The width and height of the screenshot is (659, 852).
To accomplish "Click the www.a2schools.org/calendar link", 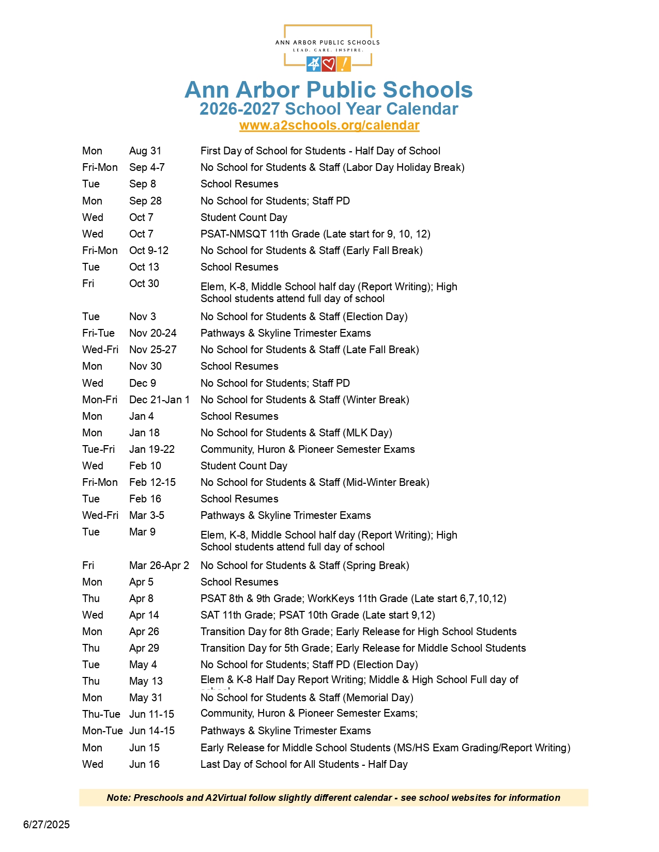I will coord(329,125).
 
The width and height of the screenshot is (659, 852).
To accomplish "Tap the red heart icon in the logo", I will coord(329,64).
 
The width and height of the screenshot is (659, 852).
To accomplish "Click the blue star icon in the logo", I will coord(314,64).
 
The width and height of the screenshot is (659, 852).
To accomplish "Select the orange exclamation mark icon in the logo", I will coord(344,64).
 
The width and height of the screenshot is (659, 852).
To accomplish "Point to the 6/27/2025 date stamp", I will coord(47,825).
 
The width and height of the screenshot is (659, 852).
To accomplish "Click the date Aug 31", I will coord(145,151).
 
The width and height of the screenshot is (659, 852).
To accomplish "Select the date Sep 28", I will coord(145,201).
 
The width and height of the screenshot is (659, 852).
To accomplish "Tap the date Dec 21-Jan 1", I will coord(159,400).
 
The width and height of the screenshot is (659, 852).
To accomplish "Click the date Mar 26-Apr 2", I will coord(159,565).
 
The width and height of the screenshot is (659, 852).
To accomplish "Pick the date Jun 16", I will coord(144,764).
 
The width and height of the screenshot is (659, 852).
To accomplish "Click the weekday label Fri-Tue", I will coord(98,333).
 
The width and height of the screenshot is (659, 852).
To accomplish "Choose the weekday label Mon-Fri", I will coord(100,400).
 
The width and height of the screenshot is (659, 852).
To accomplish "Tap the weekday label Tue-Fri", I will coord(98,449).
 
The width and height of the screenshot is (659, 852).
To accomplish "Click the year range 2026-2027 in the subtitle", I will coord(239,109).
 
